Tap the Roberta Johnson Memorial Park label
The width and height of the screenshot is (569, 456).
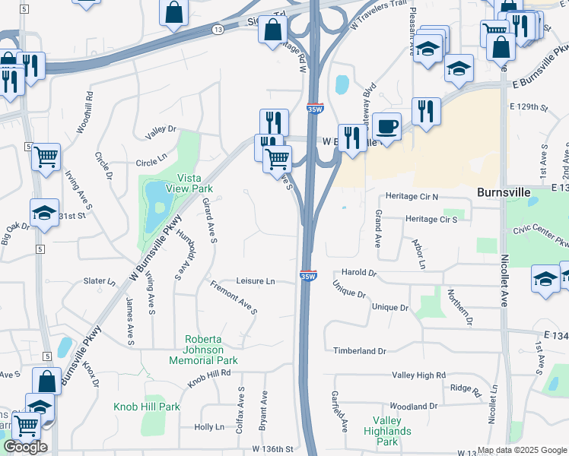pos(211,350)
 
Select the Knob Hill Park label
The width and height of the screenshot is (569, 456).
pos(147,407)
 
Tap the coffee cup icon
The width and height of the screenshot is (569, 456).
pos(387,125)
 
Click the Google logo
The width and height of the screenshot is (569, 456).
pos(24,447)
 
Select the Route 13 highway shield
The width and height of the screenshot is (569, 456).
pos(218,29)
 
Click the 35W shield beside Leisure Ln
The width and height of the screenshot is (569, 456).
pos(307,277)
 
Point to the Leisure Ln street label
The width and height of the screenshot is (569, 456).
pos(256,281)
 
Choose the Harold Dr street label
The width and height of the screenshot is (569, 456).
pos(359,272)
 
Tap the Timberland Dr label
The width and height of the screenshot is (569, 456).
pos(360,351)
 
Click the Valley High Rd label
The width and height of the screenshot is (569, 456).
pos(418,375)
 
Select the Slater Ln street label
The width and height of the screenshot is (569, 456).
pos(100,281)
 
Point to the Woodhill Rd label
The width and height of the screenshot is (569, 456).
pos(84,112)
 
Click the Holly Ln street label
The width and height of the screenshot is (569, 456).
pos(209,427)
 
